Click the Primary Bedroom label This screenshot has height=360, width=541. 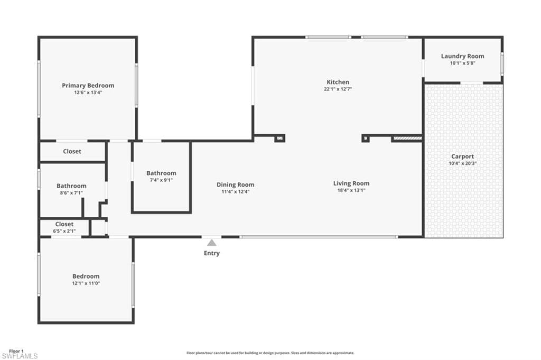click(88, 86)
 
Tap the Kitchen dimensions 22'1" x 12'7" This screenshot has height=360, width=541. click(338, 89)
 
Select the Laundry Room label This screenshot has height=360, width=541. click(462, 56)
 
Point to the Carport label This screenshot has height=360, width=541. click(462, 156)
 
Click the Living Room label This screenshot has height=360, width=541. click(351, 183)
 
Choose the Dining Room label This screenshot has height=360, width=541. click(235, 184)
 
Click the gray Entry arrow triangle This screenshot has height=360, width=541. click(211, 243)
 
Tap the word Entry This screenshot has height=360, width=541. click(211, 253)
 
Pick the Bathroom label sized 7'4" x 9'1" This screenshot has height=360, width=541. click(161, 173)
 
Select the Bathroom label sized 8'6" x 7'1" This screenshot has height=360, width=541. click(71, 186)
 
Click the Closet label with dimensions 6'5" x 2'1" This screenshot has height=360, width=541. click(64, 224)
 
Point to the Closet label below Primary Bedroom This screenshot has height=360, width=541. click(72, 152)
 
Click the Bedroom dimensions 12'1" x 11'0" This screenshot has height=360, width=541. click(86, 283)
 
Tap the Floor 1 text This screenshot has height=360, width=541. click(16, 351)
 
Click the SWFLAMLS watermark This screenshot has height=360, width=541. click(20, 356)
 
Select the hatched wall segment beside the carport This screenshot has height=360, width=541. click(407, 139)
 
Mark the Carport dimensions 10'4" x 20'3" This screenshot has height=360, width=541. click(462, 163)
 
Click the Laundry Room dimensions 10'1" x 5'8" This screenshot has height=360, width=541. click(462, 63)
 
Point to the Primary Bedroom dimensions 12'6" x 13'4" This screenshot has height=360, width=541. click(88, 93)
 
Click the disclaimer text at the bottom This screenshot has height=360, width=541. click(270, 353)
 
